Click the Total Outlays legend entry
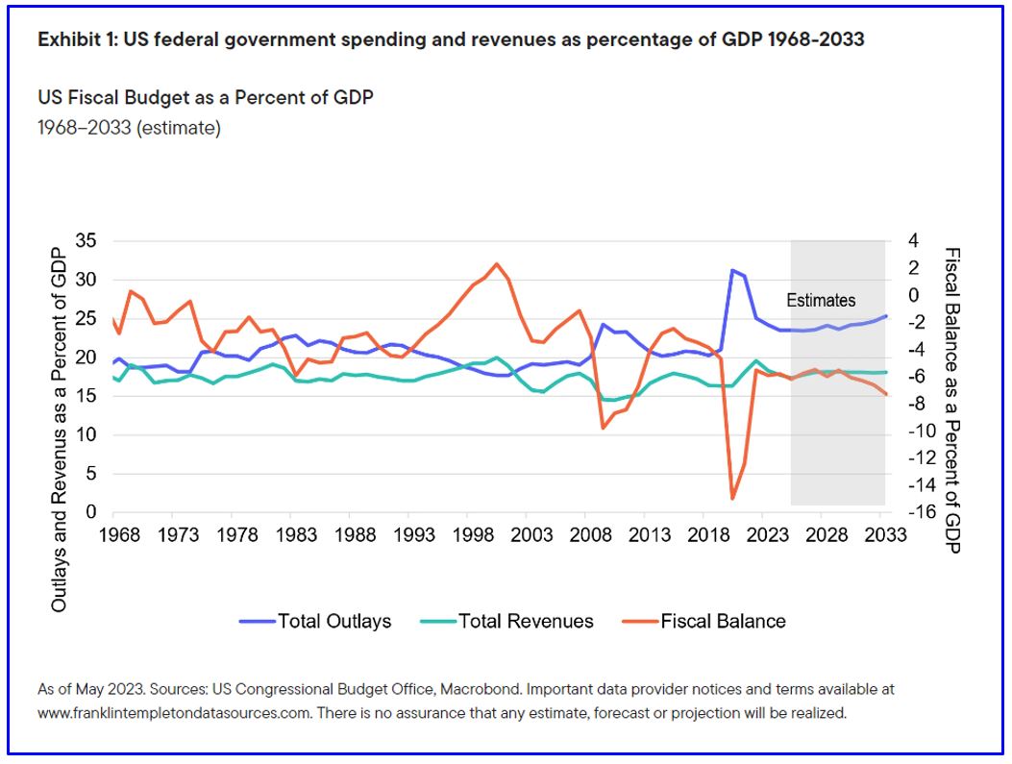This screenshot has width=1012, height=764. click(x=316, y=621)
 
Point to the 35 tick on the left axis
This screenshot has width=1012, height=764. click(x=86, y=241)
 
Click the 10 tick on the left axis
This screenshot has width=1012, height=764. click(x=86, y=435)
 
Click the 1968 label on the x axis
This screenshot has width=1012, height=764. click(x=118, y=534)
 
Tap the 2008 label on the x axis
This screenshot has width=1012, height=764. click(x=587, y=534)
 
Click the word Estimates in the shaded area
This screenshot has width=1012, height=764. click(x=821, y=300)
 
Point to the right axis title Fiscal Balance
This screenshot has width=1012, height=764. click(x=952, y=399)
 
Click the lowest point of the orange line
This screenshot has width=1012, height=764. click(x=732, y=498)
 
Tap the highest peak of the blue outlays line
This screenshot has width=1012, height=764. click(x=732, y=270)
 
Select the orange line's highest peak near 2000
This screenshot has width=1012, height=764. click(x=497, y=263)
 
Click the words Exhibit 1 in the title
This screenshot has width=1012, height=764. click(x=74, y=39)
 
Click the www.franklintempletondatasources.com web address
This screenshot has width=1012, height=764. click(x=173, y=713)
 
